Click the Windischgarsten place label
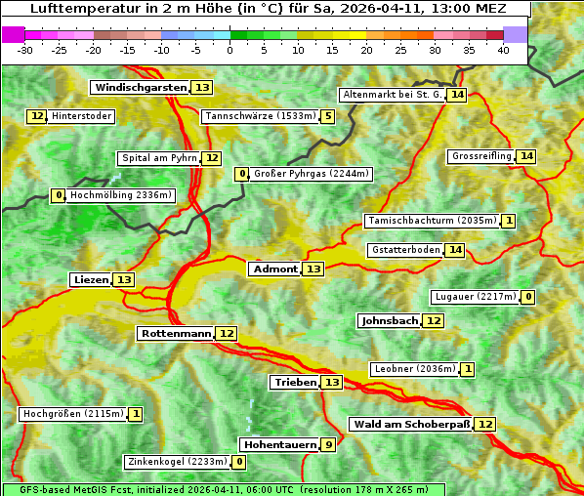tap(140, 88)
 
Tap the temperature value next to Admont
tap(313, 269)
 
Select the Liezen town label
tap(91, 280)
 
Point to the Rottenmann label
tap(176, 334)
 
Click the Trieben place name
tap(295, 383)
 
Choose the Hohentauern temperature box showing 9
tap(328, 445)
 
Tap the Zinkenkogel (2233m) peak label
tap(177, 462)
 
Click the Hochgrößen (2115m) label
tap(73, 414)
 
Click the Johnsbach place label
tap(390, 321)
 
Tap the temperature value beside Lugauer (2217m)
tap(527, 297)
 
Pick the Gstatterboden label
tap(404, 250)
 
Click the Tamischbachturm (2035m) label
tap(432, 221)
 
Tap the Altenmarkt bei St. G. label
tap(392, 95)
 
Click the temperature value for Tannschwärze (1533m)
tap(328, 117)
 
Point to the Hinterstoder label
tap(82, 116)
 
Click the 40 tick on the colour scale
tap(503, 50)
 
